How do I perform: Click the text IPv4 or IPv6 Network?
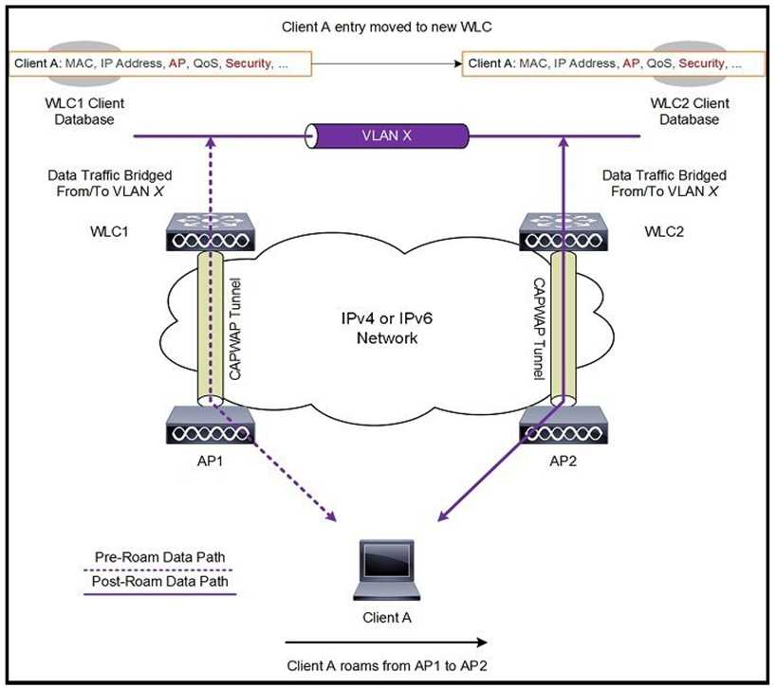tap(387, 328)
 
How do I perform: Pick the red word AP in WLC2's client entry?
tap(631, 63)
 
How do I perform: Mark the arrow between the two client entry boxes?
tap(388, 64)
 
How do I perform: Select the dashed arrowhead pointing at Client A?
tap(333, 517)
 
